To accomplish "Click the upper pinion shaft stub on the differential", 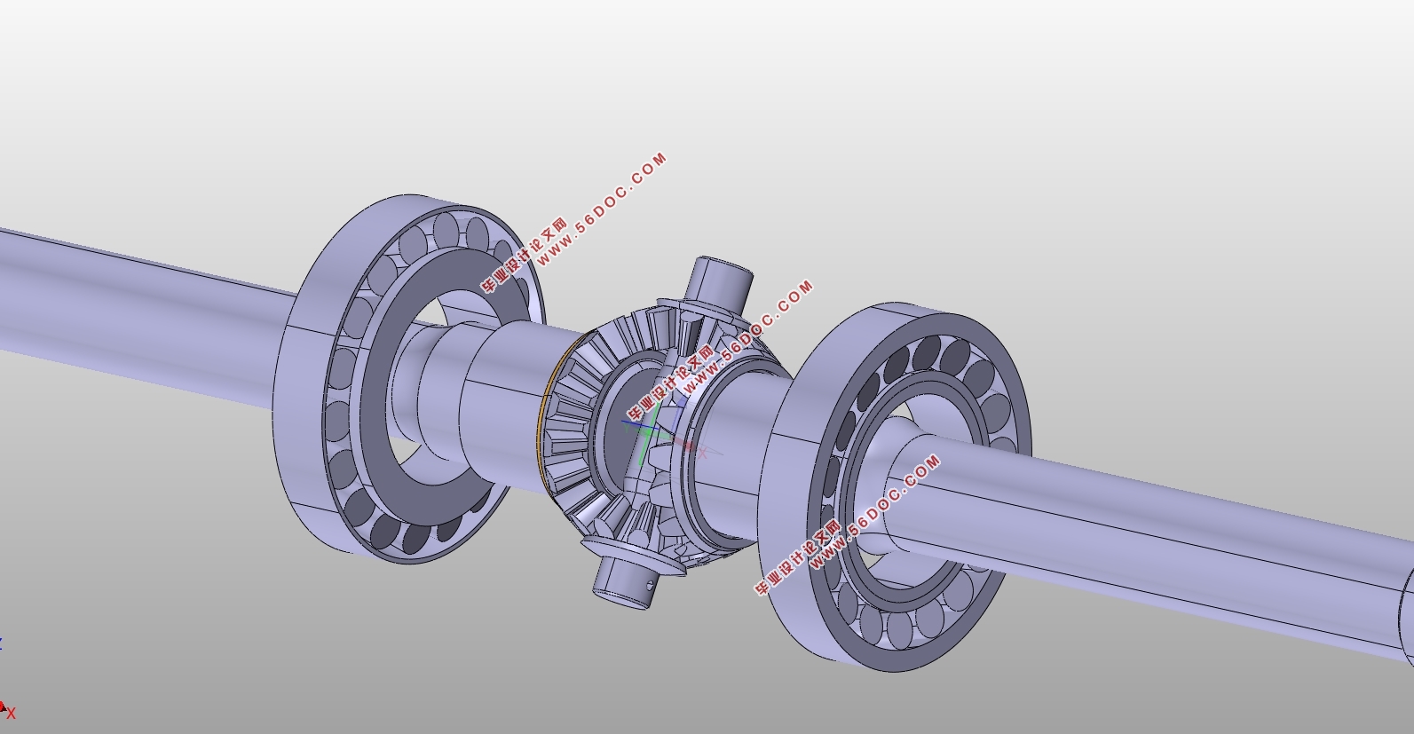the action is (x=721, y=280).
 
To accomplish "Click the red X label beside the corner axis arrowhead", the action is (x=11, y=714).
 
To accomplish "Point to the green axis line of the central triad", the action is (x=648, y=438).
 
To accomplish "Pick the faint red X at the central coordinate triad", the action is (x=703, y=453).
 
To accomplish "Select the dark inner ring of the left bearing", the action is (x=379, y=379).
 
